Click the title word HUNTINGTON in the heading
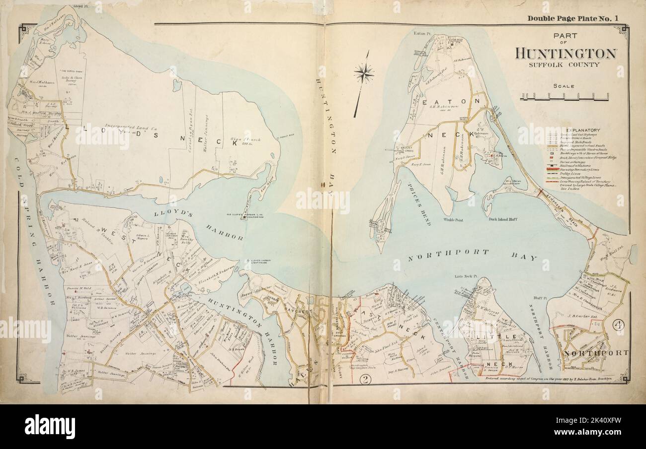[x=566, y=53]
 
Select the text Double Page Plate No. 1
[x=573, y=19]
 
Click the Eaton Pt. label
[x=421, y=34]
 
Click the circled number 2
[x=366, y=381]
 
